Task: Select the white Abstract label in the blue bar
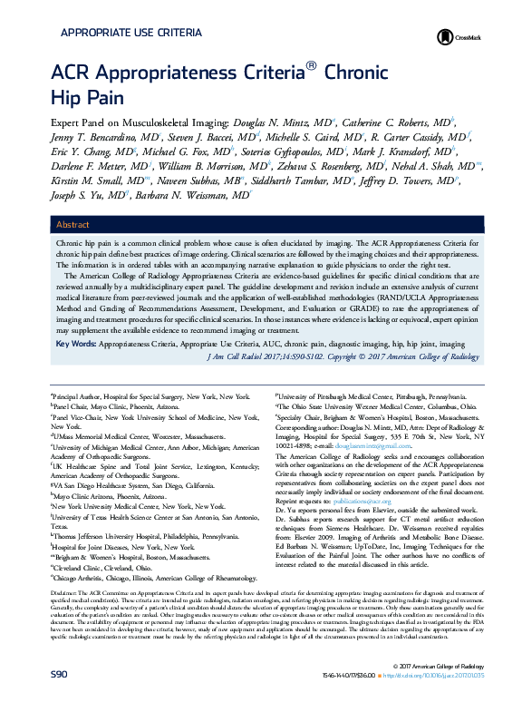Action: [x=72, y=224]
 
